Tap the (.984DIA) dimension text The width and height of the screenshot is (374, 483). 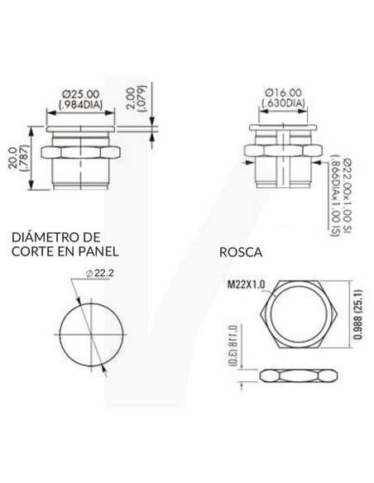point(81,104)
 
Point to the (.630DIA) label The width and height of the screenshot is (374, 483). point(283,104)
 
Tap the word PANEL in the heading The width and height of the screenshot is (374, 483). point(98,250)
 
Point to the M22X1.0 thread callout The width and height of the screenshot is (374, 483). point(245,285)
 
